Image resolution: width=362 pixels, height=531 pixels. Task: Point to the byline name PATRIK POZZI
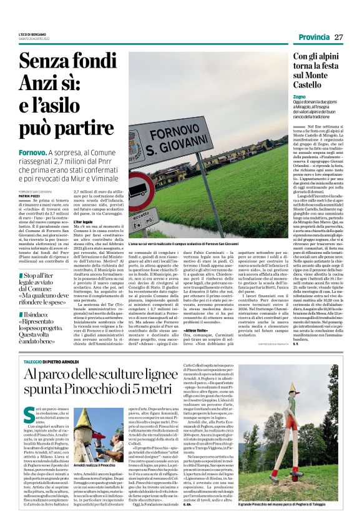click(x=29, y=197)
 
